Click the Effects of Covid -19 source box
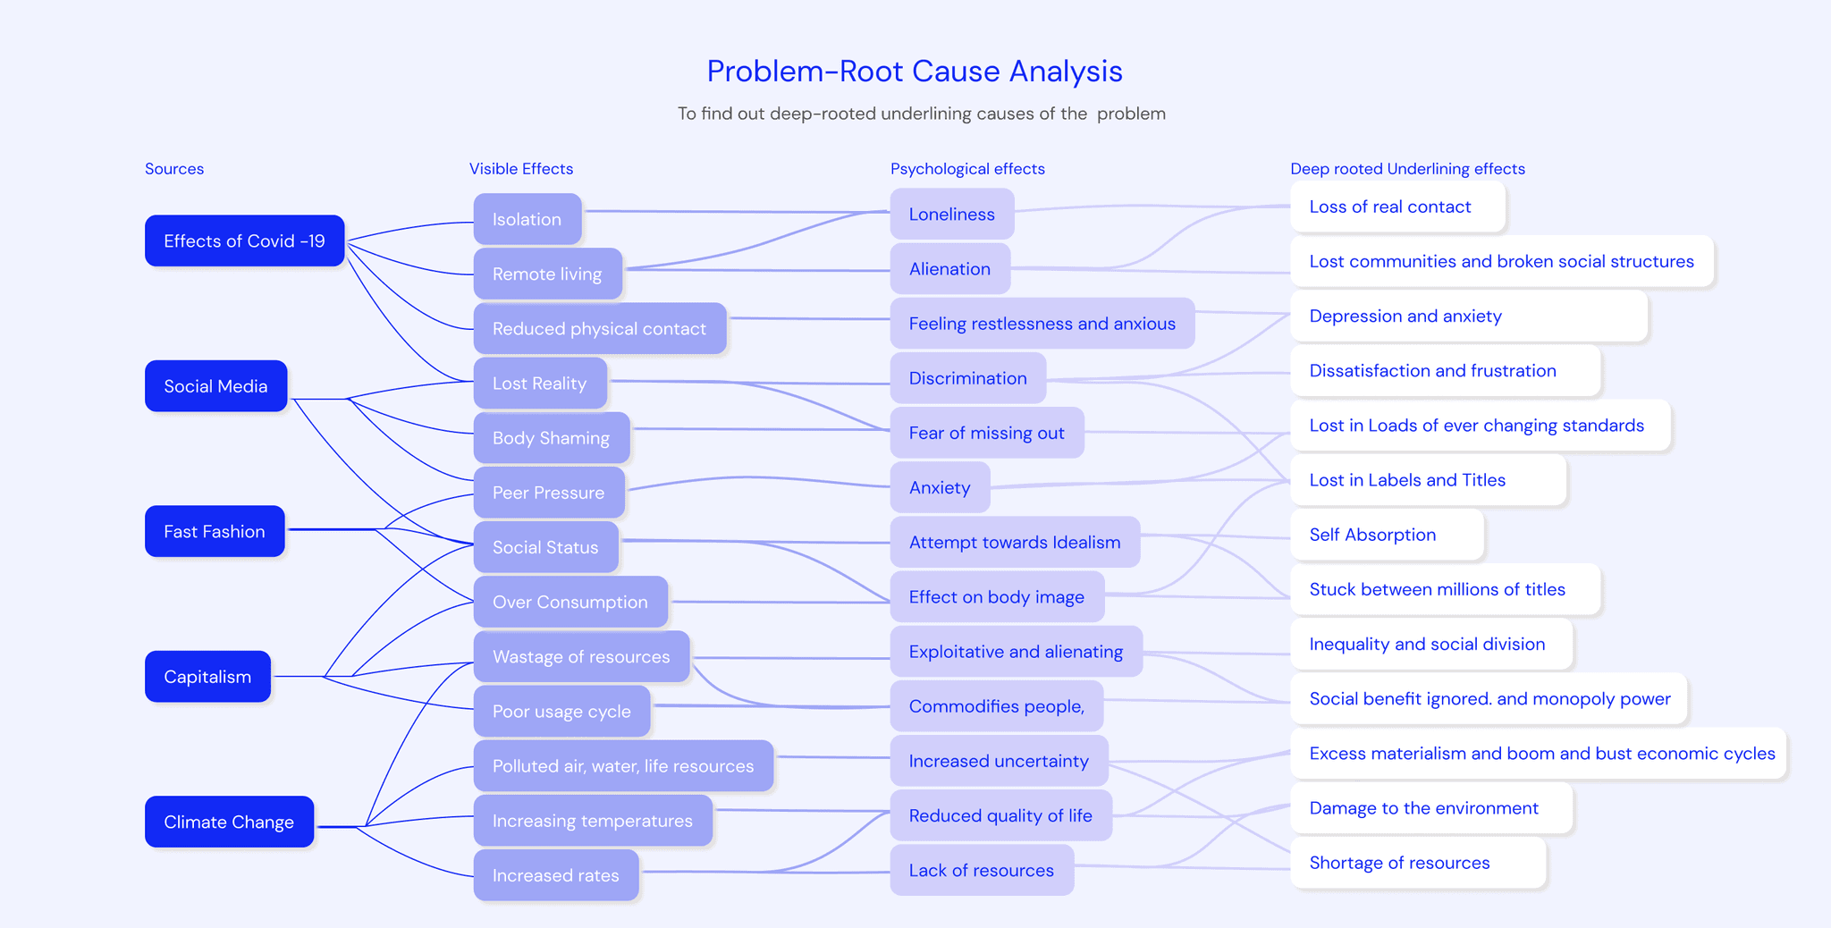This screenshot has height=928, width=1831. point(244,240)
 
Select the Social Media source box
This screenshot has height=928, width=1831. point(215,386)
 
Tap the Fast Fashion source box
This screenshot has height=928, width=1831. point(215,531)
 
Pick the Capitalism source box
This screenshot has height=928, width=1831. point(207,677)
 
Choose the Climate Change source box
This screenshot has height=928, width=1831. point(229,822)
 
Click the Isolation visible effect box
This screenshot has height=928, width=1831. point(527,219)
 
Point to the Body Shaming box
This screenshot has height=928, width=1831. point(551,438)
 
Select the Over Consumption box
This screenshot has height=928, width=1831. point(570,602)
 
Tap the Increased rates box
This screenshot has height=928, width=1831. point(555,875)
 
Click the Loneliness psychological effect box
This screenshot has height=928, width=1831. point(951,214)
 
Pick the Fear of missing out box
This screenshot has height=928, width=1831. point(986,433)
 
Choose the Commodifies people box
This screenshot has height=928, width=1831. point(996,706)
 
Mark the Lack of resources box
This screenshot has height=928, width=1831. point(981,870)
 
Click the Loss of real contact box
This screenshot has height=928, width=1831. point(1389,207)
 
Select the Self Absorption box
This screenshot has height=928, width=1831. point(1372,535)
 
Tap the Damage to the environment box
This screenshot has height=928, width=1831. point(1423,808)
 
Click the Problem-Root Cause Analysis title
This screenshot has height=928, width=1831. point(915,71)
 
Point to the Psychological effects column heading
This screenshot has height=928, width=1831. point(967,169)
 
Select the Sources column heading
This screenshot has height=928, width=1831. point(174,169)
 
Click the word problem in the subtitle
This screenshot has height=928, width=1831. point(1131,114)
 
